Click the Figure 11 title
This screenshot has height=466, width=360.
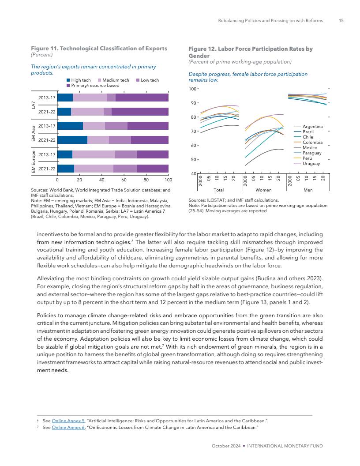[99, 48]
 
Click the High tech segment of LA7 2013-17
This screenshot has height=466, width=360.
[65, 98]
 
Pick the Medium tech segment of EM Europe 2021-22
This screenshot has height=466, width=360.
[94, 168]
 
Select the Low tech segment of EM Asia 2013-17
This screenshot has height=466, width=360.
[116, 126]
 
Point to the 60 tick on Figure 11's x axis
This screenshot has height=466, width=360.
[124, 180]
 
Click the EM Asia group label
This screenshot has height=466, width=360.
[34, 133]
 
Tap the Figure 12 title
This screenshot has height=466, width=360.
[251, 52]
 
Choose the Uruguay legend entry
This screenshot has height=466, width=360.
[311, 164]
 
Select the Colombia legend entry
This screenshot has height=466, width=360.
[313, 143]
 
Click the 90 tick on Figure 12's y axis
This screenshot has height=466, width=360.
[193, 103]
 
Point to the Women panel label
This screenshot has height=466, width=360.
[263, 190]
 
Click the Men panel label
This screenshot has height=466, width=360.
[308, 190]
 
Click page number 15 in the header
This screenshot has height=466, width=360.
[341, 21]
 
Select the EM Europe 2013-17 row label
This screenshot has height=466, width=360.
[47, 154]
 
